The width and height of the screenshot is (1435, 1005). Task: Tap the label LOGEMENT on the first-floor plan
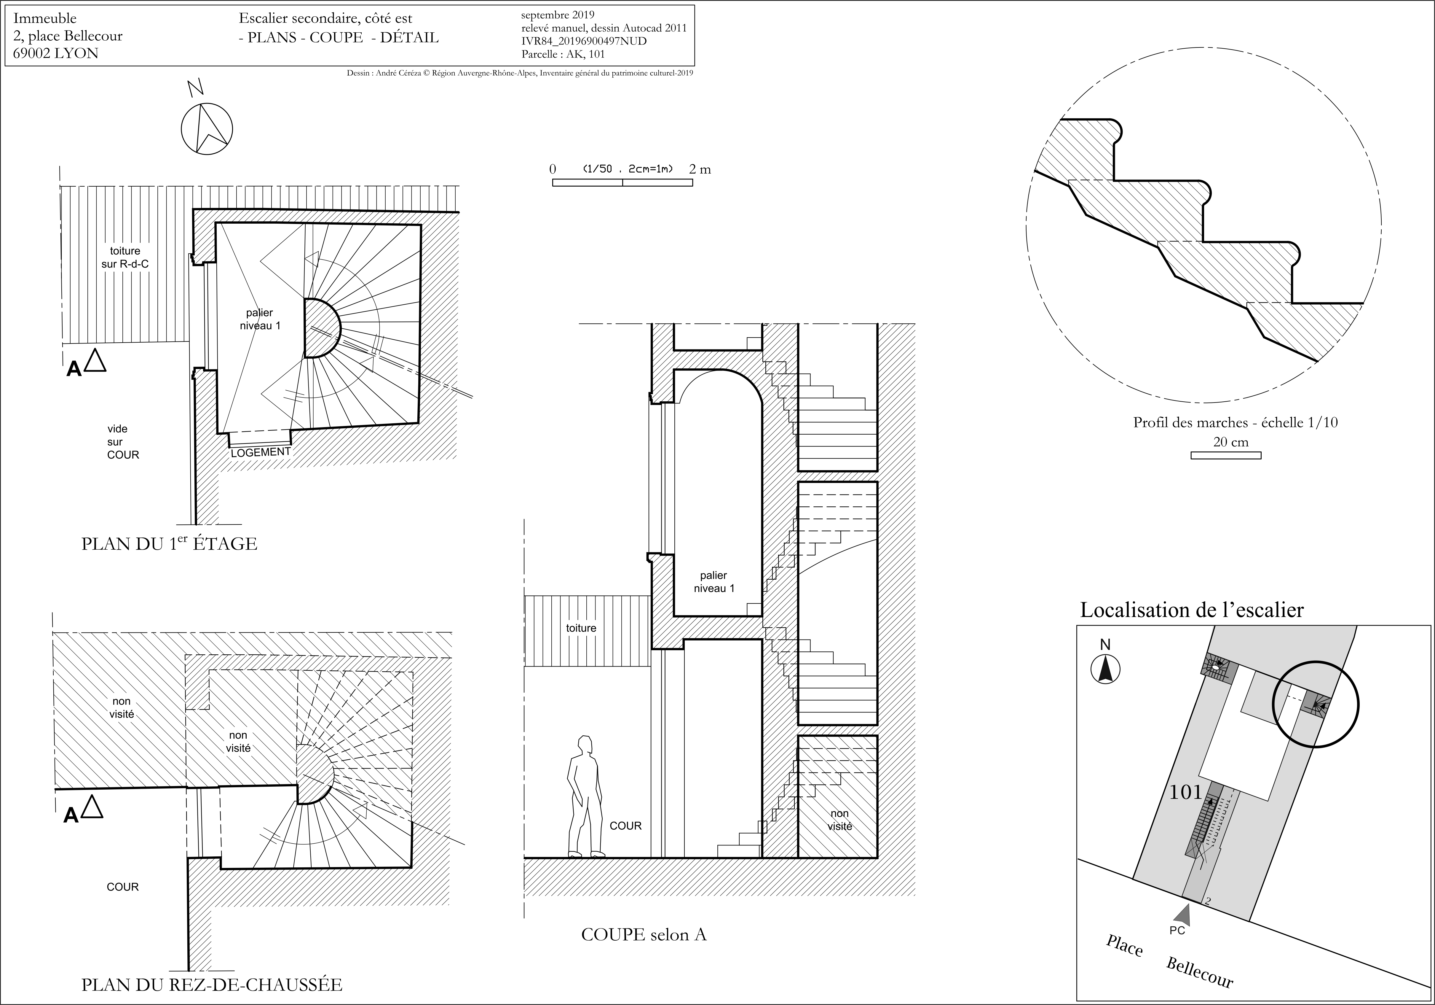pos(261,451)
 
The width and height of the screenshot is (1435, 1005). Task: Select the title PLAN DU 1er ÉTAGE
pos(169,543)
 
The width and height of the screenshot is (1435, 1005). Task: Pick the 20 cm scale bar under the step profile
pos(1226,455)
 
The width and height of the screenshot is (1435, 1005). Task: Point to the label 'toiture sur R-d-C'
pos(125,257)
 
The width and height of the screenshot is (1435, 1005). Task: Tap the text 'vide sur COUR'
pos(122,441)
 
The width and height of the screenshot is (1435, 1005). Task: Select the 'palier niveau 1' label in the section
pos(714,582)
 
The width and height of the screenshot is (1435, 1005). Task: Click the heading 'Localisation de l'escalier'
pos(1192,610)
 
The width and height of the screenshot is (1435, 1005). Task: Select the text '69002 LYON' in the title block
pos(56,53)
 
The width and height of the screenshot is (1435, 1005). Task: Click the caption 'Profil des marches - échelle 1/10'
pos(1236,422)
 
